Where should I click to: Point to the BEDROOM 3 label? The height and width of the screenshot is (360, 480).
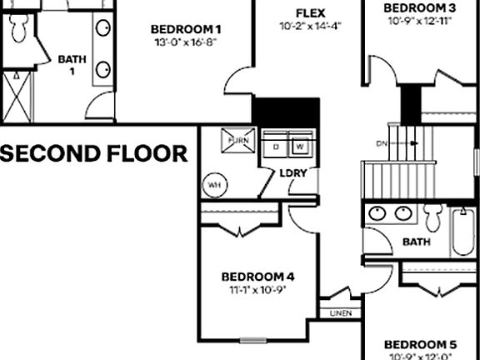point(420,8)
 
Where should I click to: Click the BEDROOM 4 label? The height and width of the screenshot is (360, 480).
point(257,277)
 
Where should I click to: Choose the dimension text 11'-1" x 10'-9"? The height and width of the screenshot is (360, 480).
point(257,291)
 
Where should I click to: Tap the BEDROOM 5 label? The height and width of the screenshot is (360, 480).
point(420,344)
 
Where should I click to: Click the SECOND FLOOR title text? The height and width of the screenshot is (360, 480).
point(93,153)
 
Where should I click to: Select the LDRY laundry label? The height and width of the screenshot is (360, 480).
point(292,172)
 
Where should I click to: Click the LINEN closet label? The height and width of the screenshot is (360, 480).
point(340,313)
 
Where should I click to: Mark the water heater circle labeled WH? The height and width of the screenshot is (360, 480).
point(214,184)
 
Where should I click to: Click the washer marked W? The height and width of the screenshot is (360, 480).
point(300,147)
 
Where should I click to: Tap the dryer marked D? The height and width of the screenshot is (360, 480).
point(277,147)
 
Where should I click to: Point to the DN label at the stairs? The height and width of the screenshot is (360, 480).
point(382,144)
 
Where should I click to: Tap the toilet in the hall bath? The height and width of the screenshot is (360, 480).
point(432,219)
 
